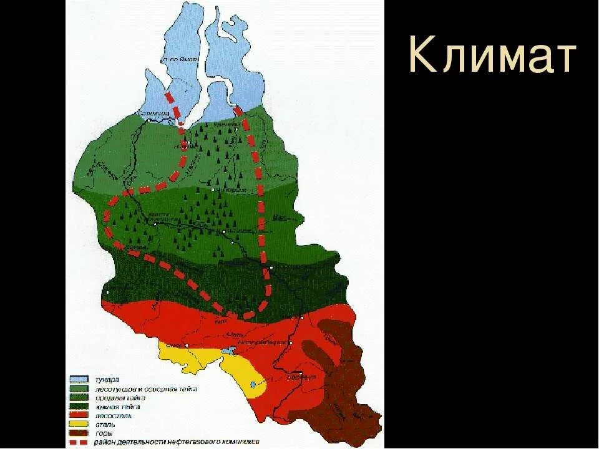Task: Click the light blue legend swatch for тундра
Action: pyautogui.click(x=79, y=379)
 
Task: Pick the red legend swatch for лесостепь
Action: pyautogui.click(x=79, y=415)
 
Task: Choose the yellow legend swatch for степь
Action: pyautogui.click(x=79, y=423)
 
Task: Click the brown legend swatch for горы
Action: pyautogui.click(x=79, y=432)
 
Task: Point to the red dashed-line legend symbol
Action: pyautogui.click(x=79, y=442)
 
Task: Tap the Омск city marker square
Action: pyautogui.click(x=187, y=344)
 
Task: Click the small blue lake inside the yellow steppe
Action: pyautogui.click(x=253, y=385)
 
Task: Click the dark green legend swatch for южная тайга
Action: pyautogui.click(x=79, y=406)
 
